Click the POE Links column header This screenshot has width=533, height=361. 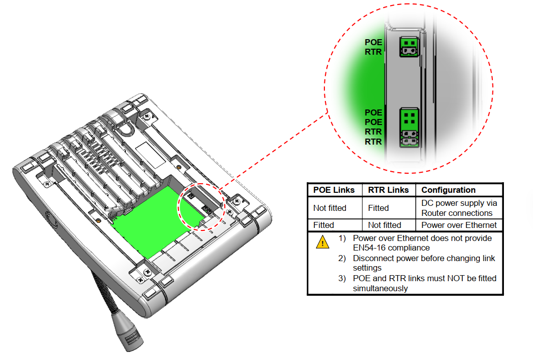click(334, 190)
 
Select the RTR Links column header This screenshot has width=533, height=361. click(388, 190)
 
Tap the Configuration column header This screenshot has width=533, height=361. click(448, 190)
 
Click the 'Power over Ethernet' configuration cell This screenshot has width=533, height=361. click(459, 225)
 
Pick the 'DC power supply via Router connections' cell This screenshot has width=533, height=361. click(459, 208)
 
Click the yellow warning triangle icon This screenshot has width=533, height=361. click(322, 242)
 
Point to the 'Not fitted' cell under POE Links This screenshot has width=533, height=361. click(330, 208)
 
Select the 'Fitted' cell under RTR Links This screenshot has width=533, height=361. click(378, 208)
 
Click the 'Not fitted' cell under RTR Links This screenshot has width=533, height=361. click(385, 225)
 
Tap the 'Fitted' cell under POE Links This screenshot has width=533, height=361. click(323, 225)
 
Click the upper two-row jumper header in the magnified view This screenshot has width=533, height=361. click(409, 47)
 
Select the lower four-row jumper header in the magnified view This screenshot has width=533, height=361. click(409, 128)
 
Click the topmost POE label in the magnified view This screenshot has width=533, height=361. click(373, 42)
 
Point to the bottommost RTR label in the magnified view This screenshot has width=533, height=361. click(373, 142)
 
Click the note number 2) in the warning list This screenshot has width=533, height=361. click(342, 258)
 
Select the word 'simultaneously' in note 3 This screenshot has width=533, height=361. click(380, 288)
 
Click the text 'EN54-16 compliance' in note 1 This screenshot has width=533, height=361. click(391, 248)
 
